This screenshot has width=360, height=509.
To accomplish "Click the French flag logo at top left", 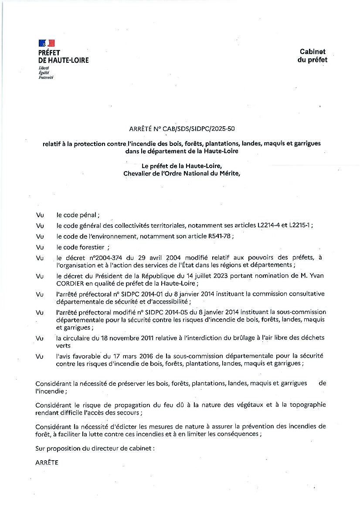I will tap(47, 43).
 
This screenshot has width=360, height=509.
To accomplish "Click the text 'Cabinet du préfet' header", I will tap(312, 56).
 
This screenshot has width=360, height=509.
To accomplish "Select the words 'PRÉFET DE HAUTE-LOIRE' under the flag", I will tap(63, 57).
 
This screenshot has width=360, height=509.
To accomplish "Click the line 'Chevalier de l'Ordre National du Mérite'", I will tap(182, 173).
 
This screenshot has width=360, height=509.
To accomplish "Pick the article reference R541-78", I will tap(219, 236).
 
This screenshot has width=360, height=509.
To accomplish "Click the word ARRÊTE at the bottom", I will tap(47, 463).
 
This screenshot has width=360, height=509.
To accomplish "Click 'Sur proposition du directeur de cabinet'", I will tap(95, 448).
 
